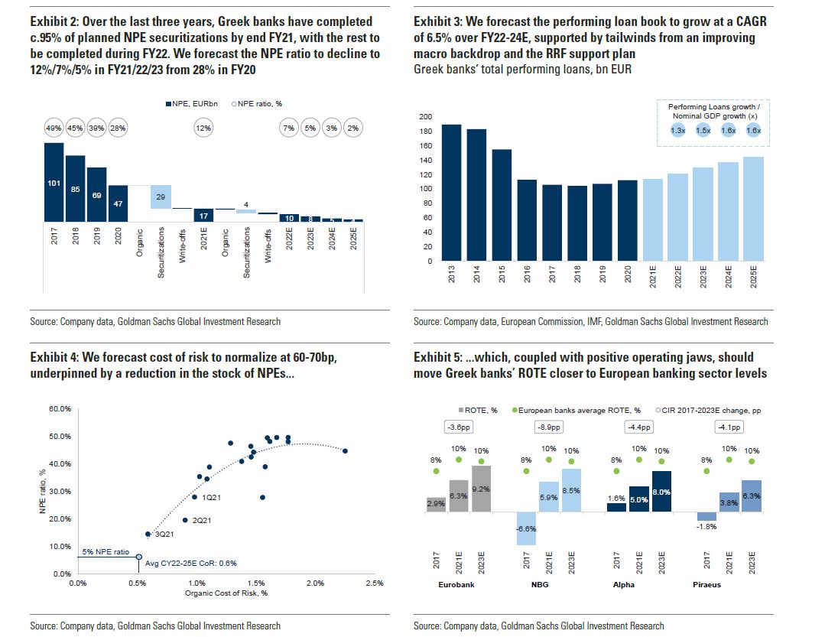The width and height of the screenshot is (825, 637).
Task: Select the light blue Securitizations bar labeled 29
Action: (x=161, y=197)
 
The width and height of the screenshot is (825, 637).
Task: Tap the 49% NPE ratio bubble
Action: (x=54, y=128)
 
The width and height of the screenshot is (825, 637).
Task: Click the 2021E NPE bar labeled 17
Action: (x=203, y=216)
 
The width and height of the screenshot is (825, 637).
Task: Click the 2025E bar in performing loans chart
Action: (x=753, y=209)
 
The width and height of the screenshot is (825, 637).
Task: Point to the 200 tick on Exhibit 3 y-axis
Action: (x=425, y=117)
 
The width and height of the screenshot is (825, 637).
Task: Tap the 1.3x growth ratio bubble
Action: (x=677, y=131)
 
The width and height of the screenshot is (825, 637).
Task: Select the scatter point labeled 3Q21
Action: (x=148, y=534)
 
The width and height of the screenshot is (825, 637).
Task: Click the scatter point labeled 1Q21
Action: (x=194, y=498)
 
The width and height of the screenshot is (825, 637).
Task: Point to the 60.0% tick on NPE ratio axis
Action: (x=59, y=409)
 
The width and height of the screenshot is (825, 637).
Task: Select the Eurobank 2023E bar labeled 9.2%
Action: (x=481, y=489)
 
